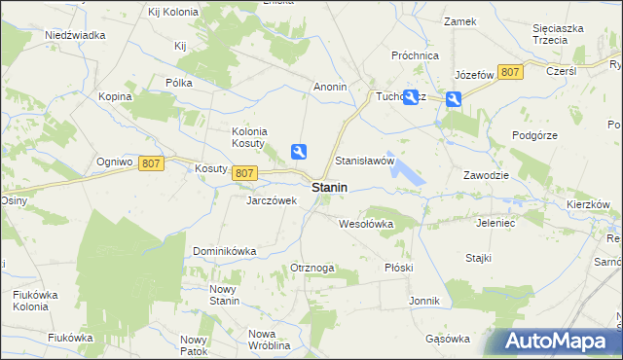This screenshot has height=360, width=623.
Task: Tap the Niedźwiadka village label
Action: point(75,35)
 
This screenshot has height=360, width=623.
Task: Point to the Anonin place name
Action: point(330,87)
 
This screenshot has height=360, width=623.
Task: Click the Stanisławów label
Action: point(364,160)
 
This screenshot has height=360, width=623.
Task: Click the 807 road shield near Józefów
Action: point(509,72)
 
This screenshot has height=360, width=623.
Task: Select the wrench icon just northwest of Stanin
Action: point(300,151)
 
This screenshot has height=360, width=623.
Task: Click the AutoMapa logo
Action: point(559,342)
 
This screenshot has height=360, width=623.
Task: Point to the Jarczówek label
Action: point(272,200)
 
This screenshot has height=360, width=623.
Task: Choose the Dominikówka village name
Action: point(224,250)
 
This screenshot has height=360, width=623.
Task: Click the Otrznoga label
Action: point(312,268)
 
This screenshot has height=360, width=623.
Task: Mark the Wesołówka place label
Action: point(365,223)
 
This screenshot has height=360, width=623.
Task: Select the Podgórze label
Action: point(536,135)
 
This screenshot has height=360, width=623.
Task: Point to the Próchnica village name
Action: point(416,56)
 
